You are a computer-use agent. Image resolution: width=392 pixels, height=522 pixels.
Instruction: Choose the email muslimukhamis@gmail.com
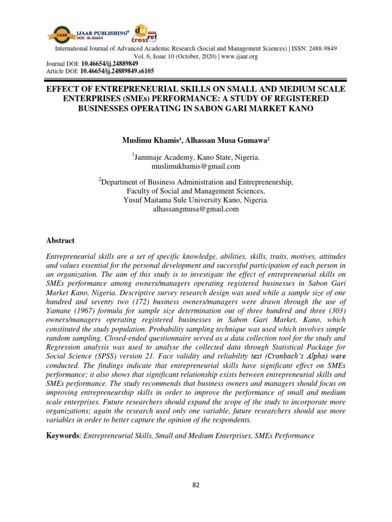[x=196, y=166]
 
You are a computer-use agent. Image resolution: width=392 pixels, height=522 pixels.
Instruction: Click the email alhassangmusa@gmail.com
[x=196, y=209]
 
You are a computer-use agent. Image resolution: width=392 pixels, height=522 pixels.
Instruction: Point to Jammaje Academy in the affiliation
[x=159, y=158]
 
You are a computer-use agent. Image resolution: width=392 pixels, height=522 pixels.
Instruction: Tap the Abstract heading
[x=60, y=241]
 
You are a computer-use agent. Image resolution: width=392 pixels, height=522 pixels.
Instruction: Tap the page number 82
[x=195, y=485]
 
